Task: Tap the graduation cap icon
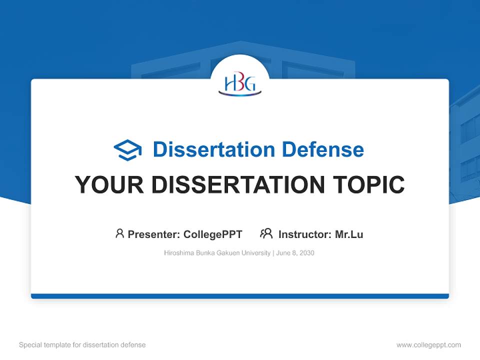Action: coord(127,149)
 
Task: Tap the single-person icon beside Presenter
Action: coord(119,233)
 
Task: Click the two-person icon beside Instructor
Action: coord(266,233)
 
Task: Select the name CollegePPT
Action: coord(212,234)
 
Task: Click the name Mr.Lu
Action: coord(349,234)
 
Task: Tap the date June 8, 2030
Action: coord(295,253)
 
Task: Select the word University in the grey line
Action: coord(255,253)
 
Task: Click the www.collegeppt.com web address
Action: coord(428,345)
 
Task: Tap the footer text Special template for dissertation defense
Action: coord(82,345)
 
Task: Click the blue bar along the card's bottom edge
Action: coord(240,296)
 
